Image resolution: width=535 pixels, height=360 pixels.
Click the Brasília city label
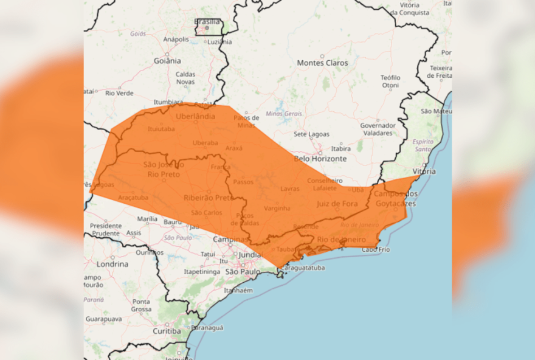[x=207, y=22]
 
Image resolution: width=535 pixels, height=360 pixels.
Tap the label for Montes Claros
[x=322, y=63]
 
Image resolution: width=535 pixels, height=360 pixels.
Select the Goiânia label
[x=167, y=61]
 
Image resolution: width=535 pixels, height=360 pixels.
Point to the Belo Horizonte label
[x=320, y=159]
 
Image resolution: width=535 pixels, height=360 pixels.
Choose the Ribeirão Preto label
[x=208, y=198]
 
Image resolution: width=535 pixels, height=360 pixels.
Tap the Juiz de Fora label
[x=337, y=204]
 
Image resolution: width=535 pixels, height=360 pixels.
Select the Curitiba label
[x=167, y=331]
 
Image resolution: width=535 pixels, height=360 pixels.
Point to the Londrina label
[x=112, y=265]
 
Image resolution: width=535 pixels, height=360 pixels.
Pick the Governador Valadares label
[x=378, y=129]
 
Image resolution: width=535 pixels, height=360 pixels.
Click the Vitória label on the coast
[x=423, y=171]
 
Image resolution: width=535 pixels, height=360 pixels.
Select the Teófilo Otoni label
[x=390, y=81]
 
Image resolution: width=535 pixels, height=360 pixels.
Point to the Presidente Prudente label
[x=106, y=229]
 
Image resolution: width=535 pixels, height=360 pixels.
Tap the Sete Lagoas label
[x=311, y=134]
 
